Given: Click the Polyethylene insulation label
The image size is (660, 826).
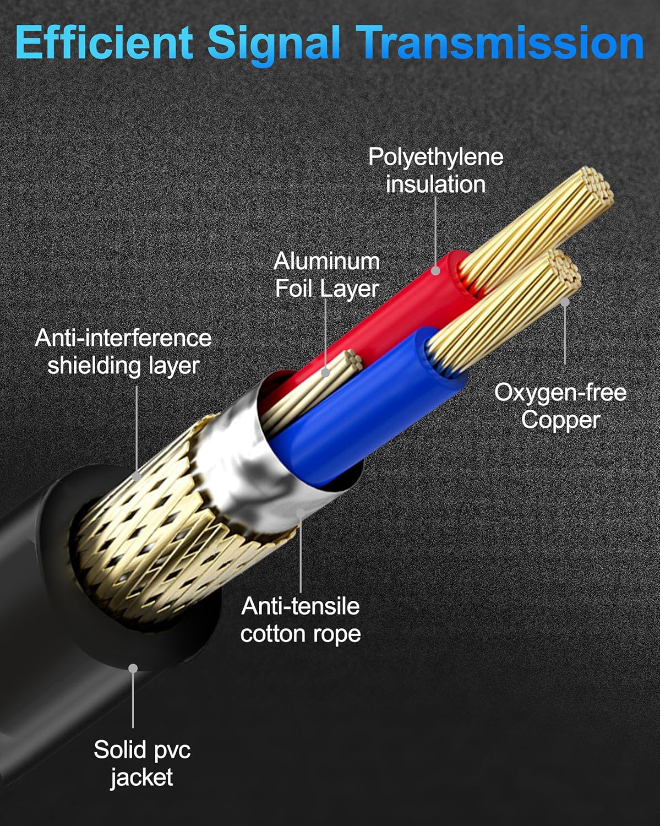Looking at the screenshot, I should [435, 170].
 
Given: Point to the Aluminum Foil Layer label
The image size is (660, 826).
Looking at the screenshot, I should [327, 274].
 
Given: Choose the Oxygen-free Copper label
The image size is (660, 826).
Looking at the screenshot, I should [560, 406].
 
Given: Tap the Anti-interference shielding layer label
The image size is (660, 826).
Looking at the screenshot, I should [123, 351].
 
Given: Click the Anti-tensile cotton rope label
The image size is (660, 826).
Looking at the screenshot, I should [301, 619].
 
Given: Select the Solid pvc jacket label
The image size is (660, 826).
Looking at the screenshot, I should [142, 763].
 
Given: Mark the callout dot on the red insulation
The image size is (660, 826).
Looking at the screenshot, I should [435, 270].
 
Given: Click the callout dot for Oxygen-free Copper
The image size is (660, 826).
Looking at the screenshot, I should [565, 302].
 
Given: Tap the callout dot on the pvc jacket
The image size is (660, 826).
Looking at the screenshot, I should [133, 668].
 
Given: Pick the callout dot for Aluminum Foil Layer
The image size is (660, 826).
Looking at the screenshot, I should [326, 373].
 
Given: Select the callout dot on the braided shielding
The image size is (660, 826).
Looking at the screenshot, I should [137, 475].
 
